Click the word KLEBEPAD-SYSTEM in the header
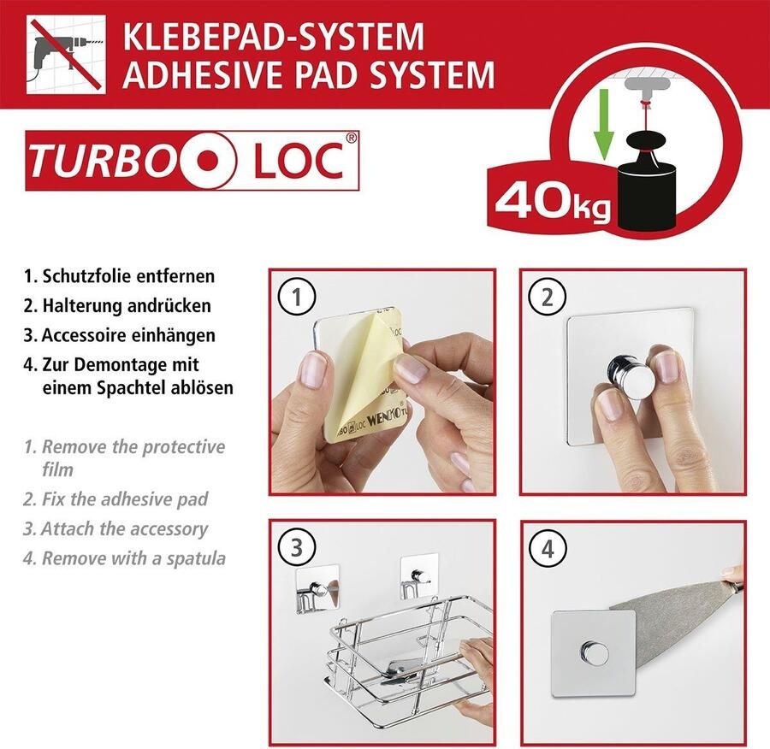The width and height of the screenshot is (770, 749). click(273, 38)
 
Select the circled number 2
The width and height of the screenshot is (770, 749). click(548, 298)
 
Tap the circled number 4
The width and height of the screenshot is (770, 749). click(548, 548)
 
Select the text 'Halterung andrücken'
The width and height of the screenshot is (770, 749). click(127, 305)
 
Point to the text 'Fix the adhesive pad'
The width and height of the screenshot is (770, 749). click(125, 498)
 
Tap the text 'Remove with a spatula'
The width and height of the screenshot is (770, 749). click(133, 558)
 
